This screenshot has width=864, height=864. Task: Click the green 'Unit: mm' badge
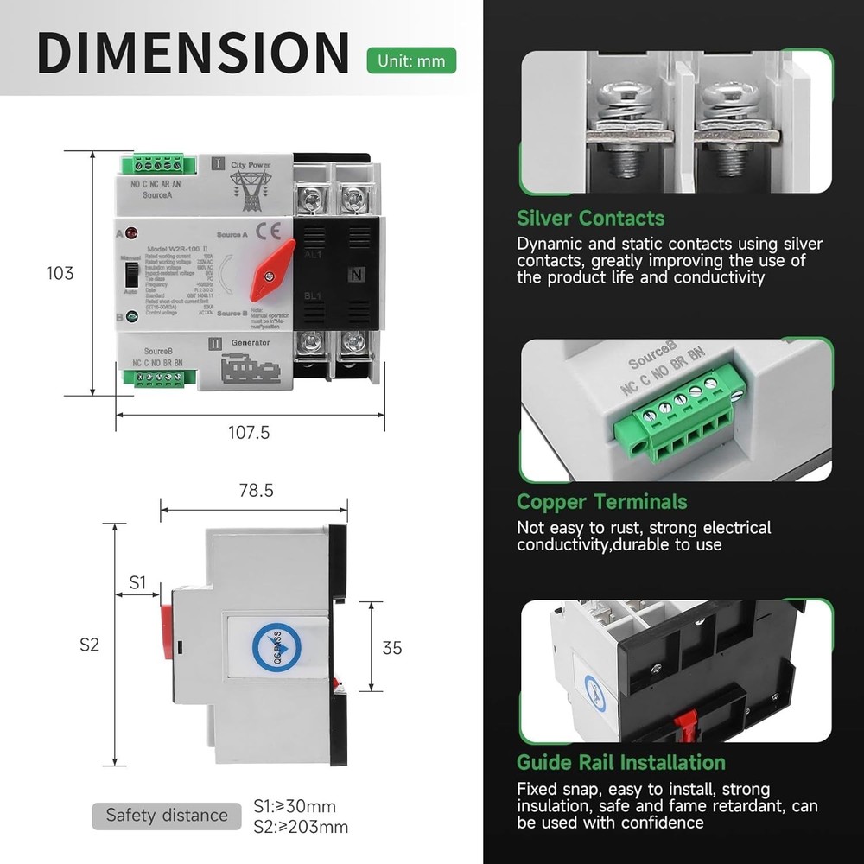click(x=411, y=60)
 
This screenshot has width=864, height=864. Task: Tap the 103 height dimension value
click(x=60, y=273)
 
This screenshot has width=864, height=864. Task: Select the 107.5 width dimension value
click(x=249, y=432)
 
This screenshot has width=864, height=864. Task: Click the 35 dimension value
click(x=392, y=647)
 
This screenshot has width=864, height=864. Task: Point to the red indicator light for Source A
click(x=131, y=234)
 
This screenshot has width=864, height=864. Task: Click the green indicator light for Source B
click(x=131, y=317)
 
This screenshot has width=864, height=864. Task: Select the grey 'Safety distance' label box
click(x=166, y=815)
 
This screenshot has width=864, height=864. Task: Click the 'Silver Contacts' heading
click(x=590, y=218)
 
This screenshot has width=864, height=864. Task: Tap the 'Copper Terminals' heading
click(x=601, y=502)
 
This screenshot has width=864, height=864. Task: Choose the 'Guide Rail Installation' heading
click(x=620, y=762)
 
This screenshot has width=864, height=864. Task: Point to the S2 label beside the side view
click(x=90, y=644)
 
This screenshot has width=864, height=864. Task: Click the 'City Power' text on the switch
click(x=251, y=165)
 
